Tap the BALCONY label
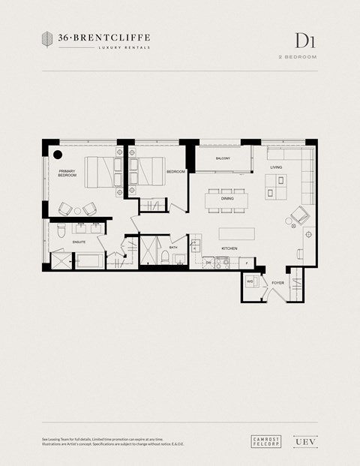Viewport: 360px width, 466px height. (223, 158)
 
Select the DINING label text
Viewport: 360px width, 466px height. (227, 199)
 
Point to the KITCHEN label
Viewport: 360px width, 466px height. (229, 248)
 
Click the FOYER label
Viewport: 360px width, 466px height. (277, 283)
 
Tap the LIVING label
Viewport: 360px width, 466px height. (276, 167)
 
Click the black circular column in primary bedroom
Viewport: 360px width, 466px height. (58, 155)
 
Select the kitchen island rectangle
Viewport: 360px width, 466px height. (237, 233)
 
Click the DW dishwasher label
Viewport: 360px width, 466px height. (208, 263)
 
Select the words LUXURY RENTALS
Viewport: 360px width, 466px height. (124, 47)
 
